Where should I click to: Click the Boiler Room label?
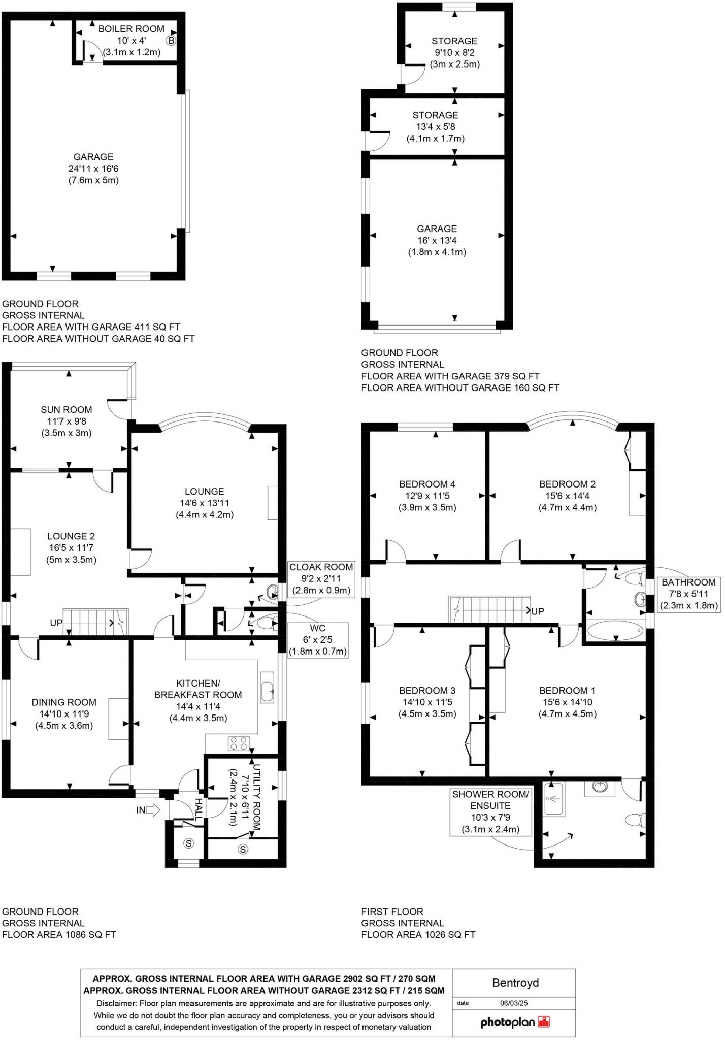pos(131,29)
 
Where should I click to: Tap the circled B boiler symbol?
pos(171,41)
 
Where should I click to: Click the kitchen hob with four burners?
pos(239,743)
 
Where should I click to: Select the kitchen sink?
pos(267,688)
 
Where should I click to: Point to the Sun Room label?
pos(67,410)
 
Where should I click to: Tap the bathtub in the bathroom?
pos(615,632)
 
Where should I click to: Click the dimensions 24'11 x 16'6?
pos(93,169)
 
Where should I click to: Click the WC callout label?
pos(317,628)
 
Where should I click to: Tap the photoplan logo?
pos(515,1022)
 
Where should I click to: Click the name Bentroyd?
pos(515,983)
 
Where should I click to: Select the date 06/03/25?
pos(514,1003)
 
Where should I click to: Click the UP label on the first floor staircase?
pos(537,611)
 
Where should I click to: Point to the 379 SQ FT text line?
pos(450,376)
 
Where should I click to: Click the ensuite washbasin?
pos(601,787)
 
